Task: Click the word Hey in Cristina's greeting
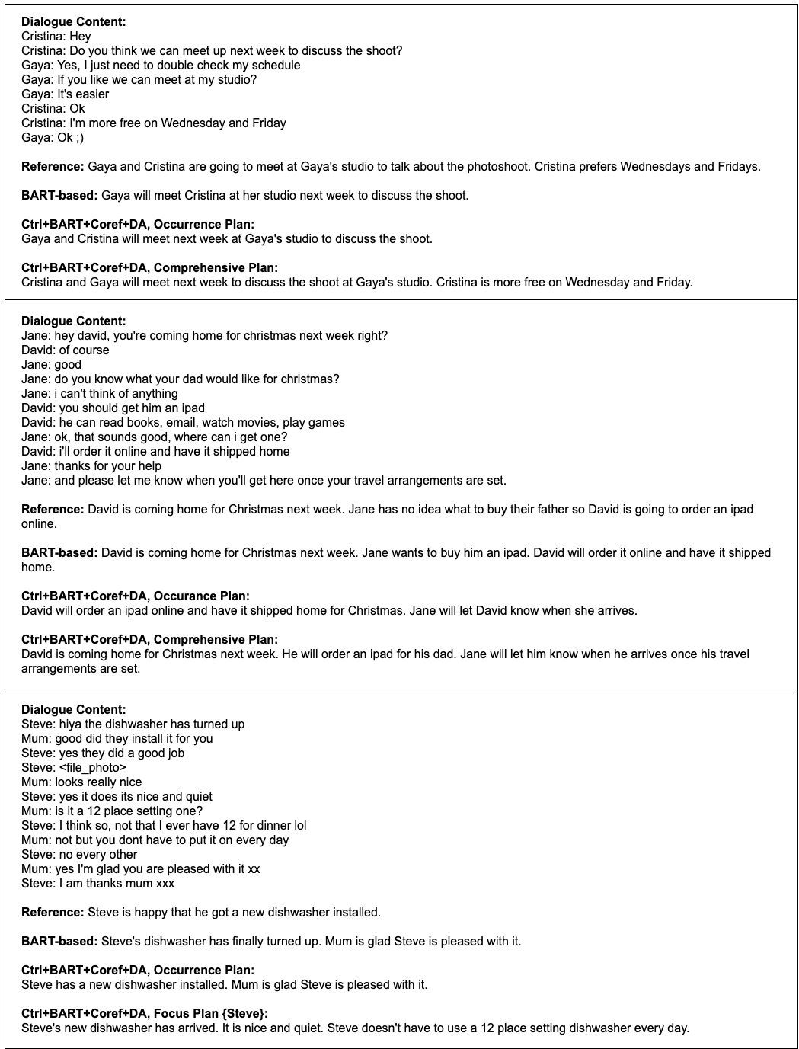coord(80,37)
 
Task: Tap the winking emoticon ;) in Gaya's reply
coord(80,138)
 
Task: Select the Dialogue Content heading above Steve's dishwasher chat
coord(74,710)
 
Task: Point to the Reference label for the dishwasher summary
coord(53,913)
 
